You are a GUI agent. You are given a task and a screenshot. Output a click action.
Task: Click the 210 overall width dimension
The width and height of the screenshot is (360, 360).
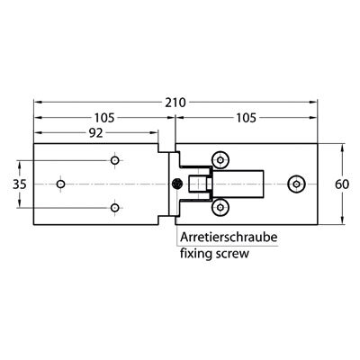point(175,103)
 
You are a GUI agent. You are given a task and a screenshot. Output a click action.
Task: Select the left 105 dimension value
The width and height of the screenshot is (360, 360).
point(104,118)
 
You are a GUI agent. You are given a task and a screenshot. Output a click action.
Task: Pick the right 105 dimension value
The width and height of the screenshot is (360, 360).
point(246,118)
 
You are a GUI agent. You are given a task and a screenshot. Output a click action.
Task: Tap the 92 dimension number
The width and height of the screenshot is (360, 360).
point(96,133)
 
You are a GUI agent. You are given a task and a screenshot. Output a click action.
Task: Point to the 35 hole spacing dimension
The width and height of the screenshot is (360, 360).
point(20,184)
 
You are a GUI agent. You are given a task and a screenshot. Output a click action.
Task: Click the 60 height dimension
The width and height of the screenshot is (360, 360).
point(342,184)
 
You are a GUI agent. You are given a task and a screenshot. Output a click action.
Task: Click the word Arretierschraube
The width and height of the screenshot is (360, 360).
point(229,238)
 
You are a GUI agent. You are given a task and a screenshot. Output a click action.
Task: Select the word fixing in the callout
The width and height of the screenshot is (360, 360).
point(196,254)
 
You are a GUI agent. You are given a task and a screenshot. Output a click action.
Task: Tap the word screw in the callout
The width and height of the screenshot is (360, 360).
point(232,255)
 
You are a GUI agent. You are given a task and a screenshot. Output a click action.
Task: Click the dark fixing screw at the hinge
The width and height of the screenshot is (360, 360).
point(177,184)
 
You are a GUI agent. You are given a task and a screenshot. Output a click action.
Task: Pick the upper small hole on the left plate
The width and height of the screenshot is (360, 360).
point(115,160)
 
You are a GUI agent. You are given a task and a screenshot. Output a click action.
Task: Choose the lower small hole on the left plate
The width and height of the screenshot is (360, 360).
point(115,208)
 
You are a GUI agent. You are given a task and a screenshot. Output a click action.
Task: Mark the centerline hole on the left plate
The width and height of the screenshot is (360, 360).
point(61,184)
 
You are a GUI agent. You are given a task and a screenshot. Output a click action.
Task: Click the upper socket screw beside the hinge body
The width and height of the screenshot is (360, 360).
point(220,160)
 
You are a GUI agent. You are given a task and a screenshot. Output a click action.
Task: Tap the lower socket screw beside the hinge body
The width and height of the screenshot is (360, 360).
point(220,208)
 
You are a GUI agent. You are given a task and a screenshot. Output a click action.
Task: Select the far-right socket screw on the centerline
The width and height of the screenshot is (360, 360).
point(296,184)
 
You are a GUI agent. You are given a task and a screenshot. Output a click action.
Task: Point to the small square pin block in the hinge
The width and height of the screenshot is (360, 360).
point(210,184)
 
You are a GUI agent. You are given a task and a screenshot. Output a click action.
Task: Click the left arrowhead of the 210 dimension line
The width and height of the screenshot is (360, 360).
point(38,103)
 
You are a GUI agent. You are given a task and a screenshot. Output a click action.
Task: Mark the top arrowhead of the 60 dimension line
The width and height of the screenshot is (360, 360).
point(342,148)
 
